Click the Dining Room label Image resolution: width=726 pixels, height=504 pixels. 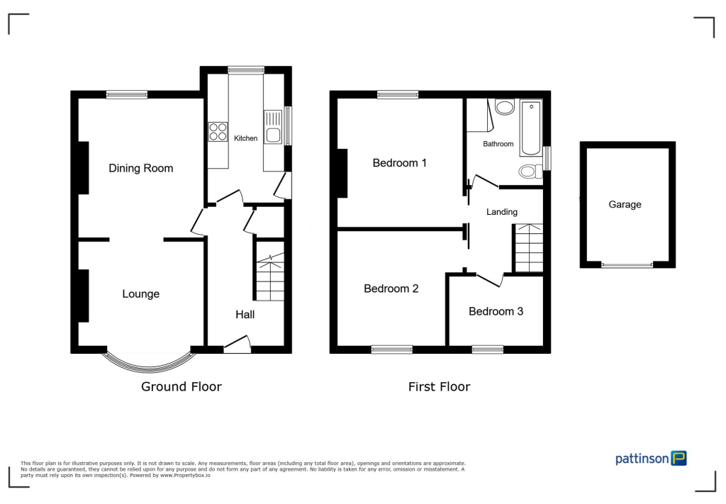140,168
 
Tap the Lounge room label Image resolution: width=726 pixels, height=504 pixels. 140,293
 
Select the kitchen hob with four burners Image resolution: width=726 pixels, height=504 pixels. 218,132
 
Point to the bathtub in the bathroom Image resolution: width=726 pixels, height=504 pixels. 530,128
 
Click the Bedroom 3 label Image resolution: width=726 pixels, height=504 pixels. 496,311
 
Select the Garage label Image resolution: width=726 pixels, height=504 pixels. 625,204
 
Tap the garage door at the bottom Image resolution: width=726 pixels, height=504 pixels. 627,264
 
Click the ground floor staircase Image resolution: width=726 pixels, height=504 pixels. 269,276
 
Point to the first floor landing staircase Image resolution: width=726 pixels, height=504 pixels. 528,248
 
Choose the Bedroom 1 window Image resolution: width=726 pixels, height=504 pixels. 397,94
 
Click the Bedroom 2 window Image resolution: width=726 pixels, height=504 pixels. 392,349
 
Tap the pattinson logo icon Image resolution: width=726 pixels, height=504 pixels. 679,459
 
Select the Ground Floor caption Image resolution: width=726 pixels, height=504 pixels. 181,386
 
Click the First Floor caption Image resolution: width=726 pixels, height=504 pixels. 439,386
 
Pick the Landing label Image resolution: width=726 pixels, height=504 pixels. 501,211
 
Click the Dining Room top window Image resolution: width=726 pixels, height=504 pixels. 127,94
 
